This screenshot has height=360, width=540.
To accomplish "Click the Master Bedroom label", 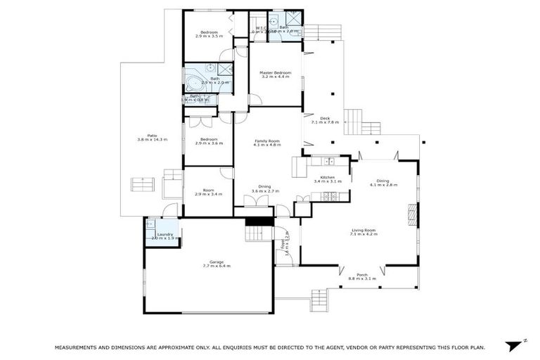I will point(275,72).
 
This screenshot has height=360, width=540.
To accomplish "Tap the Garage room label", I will point(217,262).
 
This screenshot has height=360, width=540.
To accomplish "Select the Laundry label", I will point(165,234).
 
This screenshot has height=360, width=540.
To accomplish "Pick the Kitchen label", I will point(327,177).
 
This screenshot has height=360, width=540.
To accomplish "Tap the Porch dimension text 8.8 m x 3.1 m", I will point(363,279).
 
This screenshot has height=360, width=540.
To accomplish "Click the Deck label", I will point(325,118).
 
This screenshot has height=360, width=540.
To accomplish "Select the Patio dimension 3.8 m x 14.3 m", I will point(147,140).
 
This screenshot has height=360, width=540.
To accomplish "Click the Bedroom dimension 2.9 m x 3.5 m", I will point(209,37).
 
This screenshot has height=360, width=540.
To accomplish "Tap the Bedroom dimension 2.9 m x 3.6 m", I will point(209,143).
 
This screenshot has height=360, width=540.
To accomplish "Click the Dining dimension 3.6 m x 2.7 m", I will point(264,191).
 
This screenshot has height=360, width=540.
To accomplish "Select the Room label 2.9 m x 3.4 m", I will point(209,194).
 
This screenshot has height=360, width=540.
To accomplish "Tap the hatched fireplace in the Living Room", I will point(413,212).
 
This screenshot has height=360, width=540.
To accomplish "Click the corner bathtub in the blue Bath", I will point(194,85).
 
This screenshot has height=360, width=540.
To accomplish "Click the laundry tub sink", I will point(152,226).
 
